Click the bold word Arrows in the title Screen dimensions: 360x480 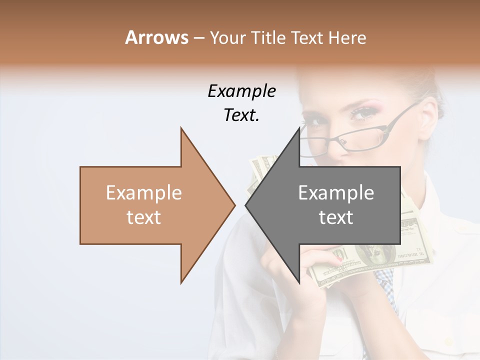point(156,37)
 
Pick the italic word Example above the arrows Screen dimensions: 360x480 point(241,91)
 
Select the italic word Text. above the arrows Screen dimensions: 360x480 point(241,115)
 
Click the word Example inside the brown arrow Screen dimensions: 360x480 point(144,193)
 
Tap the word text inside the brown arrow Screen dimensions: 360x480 point(144,217)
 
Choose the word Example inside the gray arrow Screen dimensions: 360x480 point(336,193)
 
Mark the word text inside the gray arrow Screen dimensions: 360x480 point(336,217)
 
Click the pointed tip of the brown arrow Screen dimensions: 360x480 point(234,205)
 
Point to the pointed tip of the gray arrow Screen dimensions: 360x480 point(246,205)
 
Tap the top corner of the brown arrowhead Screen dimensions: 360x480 point(181,128)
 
